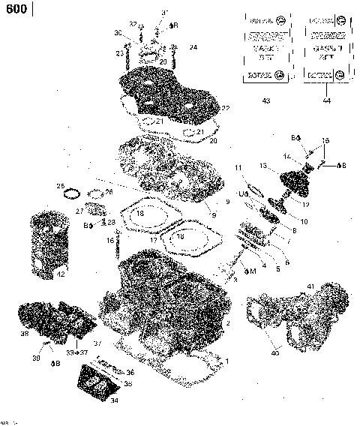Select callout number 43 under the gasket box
click(x=265, y=100)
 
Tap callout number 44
click(x=325, y=100)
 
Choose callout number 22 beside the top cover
click(x=226, y=109)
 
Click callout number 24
click(x=193, y=47)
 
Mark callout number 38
click(x=24, y=334)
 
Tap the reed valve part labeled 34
click(x=94, y=389)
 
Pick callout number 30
click(x=118, y=33)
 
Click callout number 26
click(x=110, y=192)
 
